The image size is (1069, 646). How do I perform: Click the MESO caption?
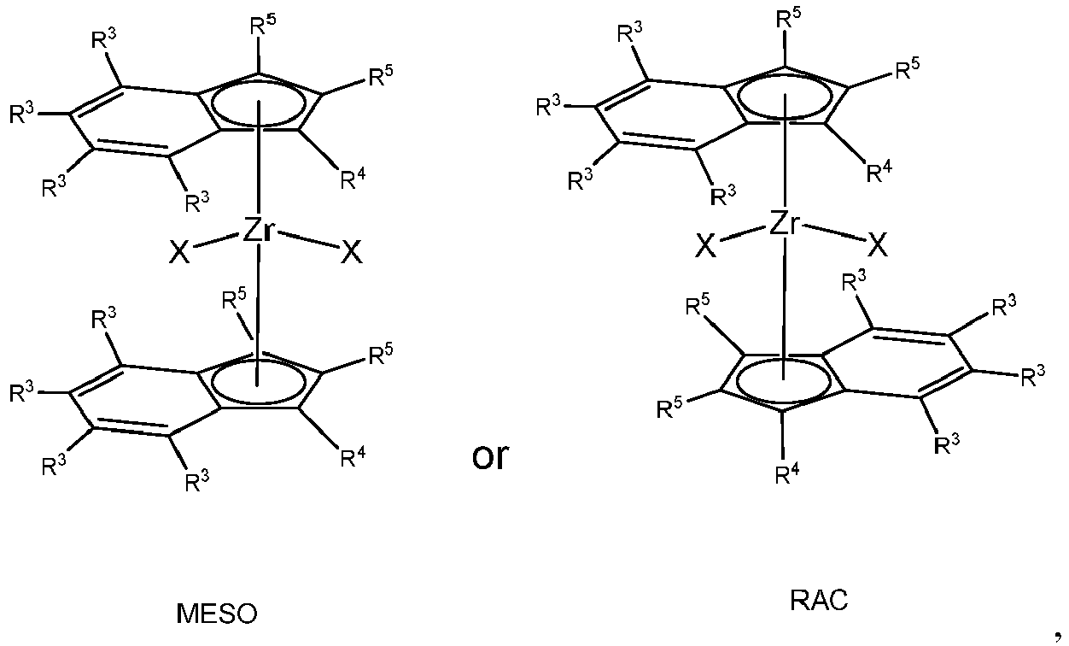pyautogui.click(x=217, y=614)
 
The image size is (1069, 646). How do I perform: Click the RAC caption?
pyautogui.click(x=819, y=600)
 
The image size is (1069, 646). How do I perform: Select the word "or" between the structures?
pyautogui.click(x=490, y=457)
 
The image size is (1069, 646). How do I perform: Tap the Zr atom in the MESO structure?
pyautogui.click(x=259, y=230)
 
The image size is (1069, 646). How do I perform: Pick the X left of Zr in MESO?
pyautogui.click(x=179, y=252)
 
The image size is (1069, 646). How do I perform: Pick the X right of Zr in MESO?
pyautogui.click(x=352, y=252)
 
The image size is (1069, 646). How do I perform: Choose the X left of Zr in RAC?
pyautogui.click(x=705, y=245)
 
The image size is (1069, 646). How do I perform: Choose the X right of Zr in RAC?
pyautogui.click(x=877, y=245)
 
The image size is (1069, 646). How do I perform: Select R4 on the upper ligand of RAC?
pyautogui.click(x=879, y=172)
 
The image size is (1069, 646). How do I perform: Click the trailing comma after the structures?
pyautogui.click(x=1058, y=637)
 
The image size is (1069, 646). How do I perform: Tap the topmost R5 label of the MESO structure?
pyautogui.click(x=263, y=24)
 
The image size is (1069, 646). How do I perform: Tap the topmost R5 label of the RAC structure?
pyautogui.click(x=788, y=18)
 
